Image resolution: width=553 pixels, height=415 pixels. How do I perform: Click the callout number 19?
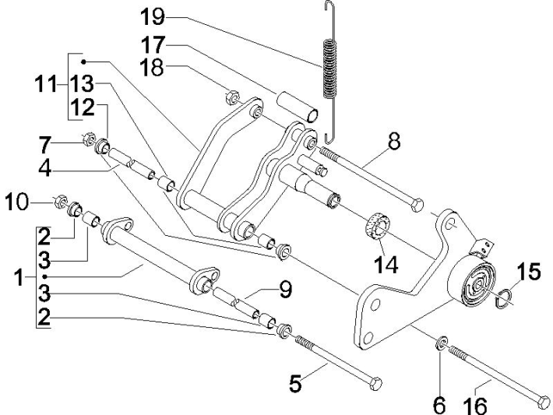153,16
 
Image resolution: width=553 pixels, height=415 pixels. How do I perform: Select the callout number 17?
153,44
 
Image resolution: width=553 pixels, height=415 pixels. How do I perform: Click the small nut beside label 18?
230,97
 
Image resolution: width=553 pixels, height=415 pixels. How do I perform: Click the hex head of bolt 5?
375,384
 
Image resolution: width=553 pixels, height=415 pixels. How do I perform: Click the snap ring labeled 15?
502,294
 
